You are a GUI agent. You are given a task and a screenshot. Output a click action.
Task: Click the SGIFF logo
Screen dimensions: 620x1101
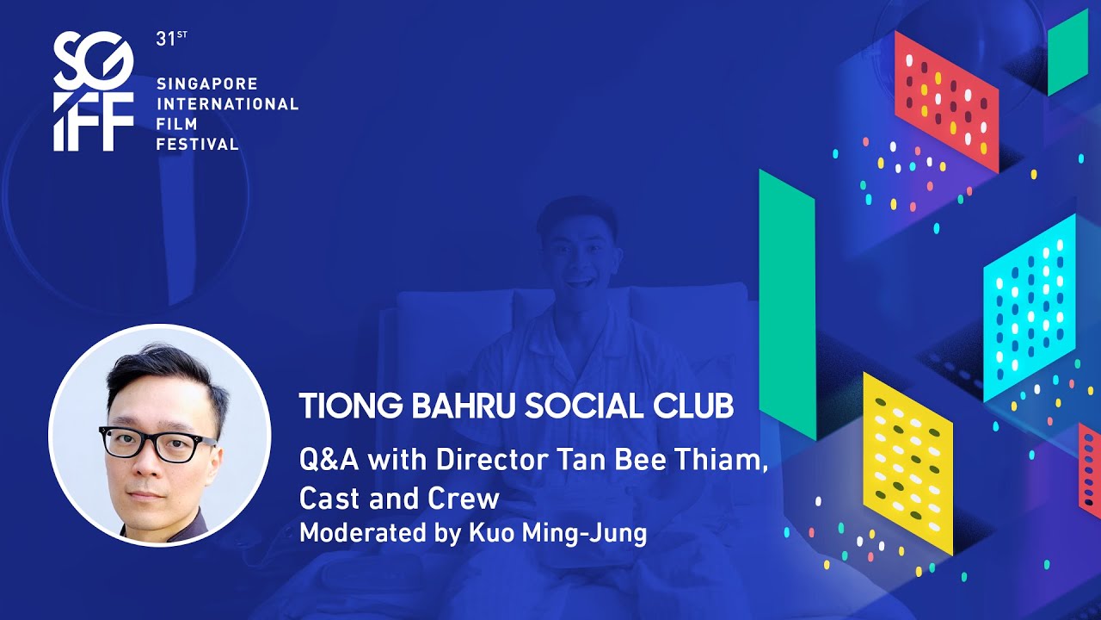coord(94,91)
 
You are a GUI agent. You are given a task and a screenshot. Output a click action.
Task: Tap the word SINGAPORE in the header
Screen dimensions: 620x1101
coord(207,84)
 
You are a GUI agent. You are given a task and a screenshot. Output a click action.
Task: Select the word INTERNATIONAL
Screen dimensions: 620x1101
coord(227,104)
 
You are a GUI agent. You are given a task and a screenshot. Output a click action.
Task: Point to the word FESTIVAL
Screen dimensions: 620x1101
coord(197,144)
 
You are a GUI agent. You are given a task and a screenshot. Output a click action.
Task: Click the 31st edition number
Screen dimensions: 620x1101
coord(166,40)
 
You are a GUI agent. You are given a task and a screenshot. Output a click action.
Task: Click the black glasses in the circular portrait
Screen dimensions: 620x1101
coord(158,443)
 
